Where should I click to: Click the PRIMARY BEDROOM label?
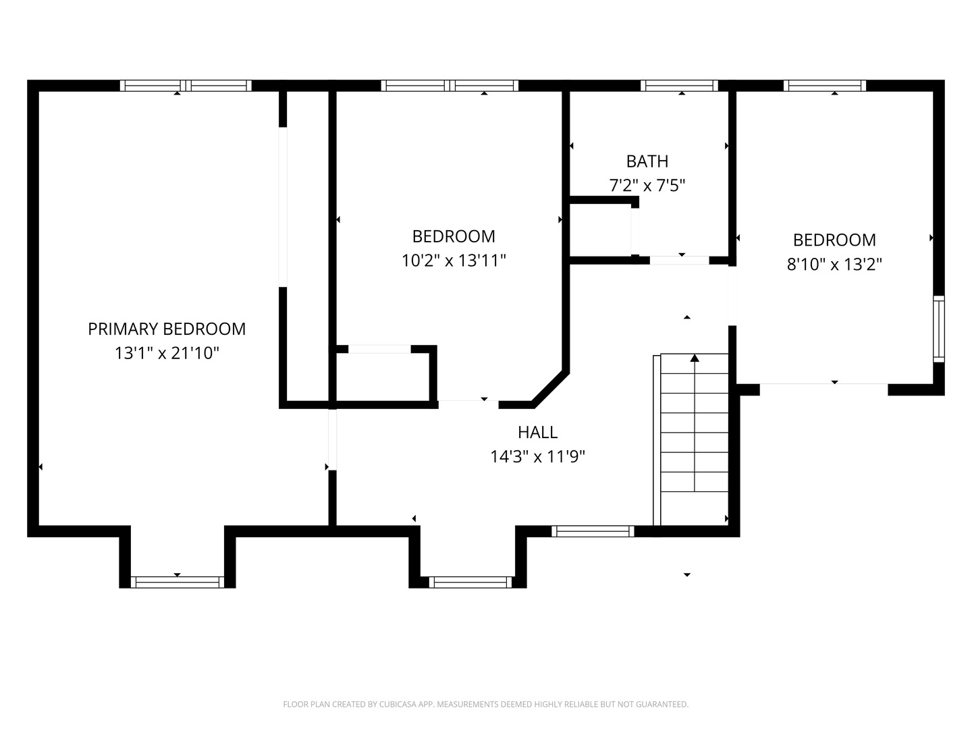(x=167, y=329)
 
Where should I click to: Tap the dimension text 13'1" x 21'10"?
(x=167, y=353)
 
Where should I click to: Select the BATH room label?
(x=647, y=161)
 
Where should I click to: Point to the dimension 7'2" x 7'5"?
(x=647, y=186)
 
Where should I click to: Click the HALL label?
(x=537, y=432)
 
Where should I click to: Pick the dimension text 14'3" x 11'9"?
(x=537, y=457)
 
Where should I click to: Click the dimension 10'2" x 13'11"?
(x=454, y=261)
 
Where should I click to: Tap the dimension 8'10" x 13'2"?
(x=834, y=264)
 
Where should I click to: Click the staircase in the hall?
(x=694, y=439)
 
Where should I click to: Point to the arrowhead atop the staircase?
(x=695, y=358)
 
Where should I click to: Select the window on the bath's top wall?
(x=680, y=86)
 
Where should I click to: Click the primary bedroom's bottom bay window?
(x=177, y=582)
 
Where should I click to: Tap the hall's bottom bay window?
(x=470, y=582)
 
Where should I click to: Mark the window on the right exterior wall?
(x=938, y=329)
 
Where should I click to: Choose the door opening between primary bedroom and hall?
(x=332, y=439)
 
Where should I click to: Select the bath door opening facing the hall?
(x=679, y=260)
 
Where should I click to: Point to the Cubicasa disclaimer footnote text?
(x=485, y=704)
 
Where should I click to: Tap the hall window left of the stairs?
(x=593, y=531)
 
